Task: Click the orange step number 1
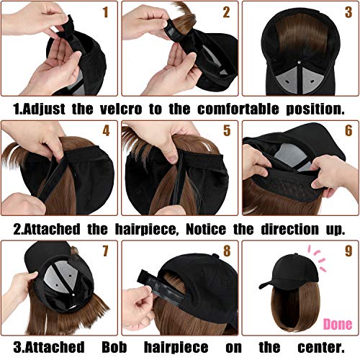(x=106, y=12)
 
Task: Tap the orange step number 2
(x=226, y=12)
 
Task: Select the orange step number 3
(x=346, y=12)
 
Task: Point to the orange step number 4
(x=106, y=132)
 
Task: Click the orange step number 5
(x=226, y=132)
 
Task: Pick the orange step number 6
(x=346, y=132)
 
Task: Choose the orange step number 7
(x=106, y=252)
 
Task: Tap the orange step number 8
(x=226, y=252)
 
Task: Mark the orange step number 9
(x=346, y=252)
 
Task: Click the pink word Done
(x=336, y=325)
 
